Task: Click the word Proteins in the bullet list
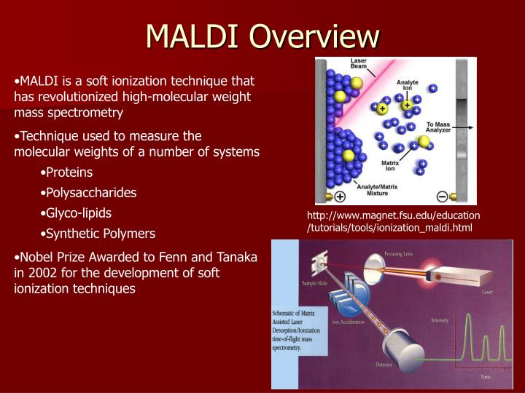click(x=69, y=172)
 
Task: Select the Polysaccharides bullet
click(x=90, y=193)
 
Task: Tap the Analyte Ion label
click(x=408, y=87)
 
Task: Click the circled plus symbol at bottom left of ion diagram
click(x=339, y=196)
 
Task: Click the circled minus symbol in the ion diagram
click(x=441, y=196)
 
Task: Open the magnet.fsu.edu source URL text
click(x=393, y=222)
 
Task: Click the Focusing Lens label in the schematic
click(x=400, y=254)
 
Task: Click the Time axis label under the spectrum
click(x=484, y=377)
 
